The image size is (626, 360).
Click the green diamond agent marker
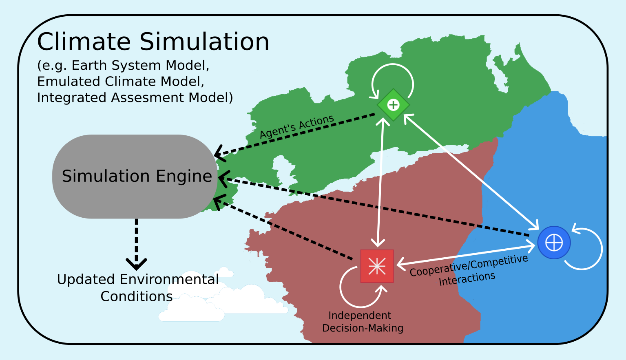[x=393, y=105]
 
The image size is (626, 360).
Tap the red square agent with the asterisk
[x=377, y=266]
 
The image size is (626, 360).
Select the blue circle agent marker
[x=554, y=243]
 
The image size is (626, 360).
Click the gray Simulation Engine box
[x=135, y=176]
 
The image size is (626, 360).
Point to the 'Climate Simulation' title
[x=153, y=42]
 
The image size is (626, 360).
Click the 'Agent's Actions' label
[x=297, y=126]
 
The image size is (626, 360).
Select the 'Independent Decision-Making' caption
[x=362, y=322]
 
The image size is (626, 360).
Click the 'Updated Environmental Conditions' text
[x=137, y=288]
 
